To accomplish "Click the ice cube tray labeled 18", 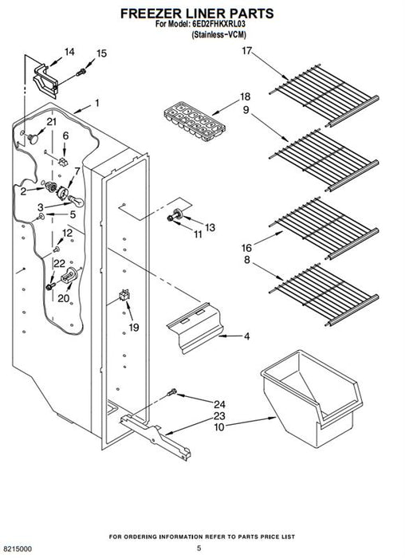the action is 195,121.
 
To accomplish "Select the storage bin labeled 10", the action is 312,398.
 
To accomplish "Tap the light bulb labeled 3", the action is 77,201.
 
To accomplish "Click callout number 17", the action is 246,51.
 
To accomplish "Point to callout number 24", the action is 219,404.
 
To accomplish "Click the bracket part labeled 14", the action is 45,81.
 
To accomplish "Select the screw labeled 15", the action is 81,72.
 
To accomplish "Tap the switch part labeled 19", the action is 124,295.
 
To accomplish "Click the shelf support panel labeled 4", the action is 196,328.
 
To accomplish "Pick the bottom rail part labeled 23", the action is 155,438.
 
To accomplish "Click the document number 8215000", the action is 16,548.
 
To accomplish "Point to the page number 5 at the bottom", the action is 199,548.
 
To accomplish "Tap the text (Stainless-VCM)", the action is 218,34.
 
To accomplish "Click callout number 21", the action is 52,122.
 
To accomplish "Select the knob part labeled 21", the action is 33,138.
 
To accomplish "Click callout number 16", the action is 246,247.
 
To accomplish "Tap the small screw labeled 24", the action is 171,392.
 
